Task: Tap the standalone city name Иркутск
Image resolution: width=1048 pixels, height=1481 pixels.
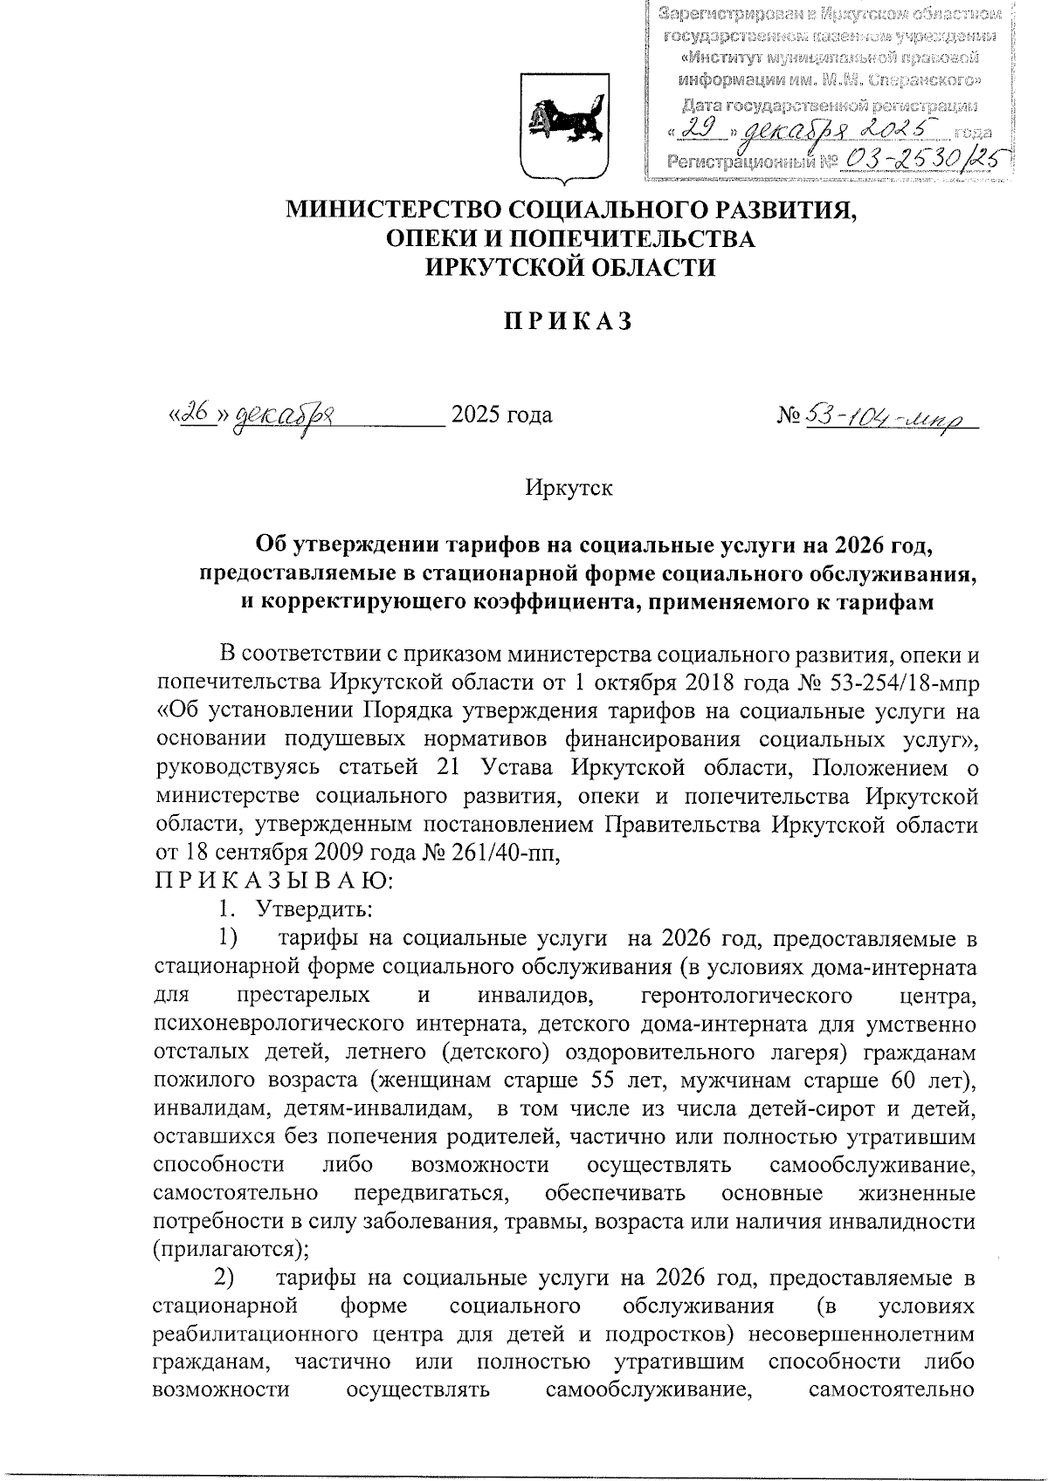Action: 569,487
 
